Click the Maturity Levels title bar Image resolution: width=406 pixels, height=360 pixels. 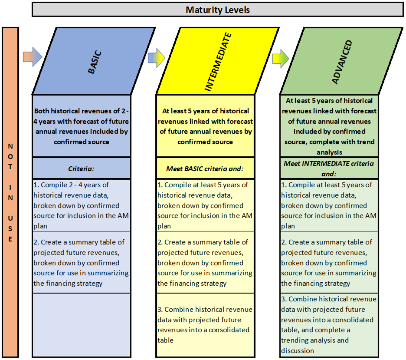[217, 10]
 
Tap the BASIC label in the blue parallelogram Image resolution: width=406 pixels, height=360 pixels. [95, 63]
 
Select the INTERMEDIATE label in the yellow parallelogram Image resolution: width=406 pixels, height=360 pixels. [218, 62]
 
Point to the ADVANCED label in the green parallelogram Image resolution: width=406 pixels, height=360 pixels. [342, 62]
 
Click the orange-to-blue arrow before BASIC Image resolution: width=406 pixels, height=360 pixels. [33, 57]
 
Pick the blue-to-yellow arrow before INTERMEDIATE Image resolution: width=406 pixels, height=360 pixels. [157, 57]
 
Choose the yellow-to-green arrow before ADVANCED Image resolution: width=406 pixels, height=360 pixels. [280, 59]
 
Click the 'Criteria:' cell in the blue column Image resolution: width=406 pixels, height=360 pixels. [81, 168]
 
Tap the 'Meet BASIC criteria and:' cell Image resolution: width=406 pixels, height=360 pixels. [205, 168]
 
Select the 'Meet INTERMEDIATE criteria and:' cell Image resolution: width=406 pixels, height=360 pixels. [329, 168]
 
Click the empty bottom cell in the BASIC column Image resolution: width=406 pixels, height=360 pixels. [81, 325]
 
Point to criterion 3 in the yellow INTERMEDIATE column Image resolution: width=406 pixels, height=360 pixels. [205, 325]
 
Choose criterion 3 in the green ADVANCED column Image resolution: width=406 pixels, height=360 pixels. [329, 325]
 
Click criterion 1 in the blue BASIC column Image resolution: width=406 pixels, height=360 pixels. [81, 205]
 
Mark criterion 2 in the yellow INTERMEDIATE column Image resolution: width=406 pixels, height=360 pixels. [205, 262]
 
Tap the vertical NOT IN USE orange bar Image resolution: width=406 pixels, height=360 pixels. [10, 192]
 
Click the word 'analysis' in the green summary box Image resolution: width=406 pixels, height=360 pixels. [329, 152]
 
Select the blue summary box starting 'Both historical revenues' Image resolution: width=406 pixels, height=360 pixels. [81, 126]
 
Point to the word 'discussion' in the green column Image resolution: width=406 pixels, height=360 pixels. [298, 351]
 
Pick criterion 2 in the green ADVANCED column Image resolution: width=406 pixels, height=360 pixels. [329, 262]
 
